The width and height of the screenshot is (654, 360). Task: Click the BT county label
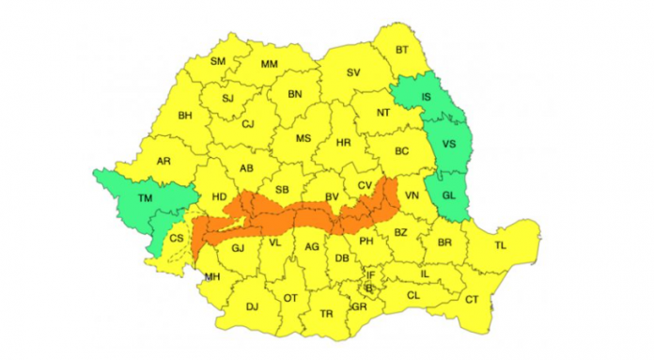point(402,49)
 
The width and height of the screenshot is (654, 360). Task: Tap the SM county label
point(218,62)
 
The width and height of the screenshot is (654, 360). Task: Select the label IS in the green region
point(426,96)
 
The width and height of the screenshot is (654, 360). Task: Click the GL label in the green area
point(448,195)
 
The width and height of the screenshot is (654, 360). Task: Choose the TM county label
point(144,198)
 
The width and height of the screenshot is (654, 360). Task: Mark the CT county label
point(472,300)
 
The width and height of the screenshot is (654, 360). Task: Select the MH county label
point(212,276)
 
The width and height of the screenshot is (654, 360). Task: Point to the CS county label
point(176,239)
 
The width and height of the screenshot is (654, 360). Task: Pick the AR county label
point(163,162)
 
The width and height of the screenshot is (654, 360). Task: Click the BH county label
point(185,116)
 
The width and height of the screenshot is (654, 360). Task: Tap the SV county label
point(354,72)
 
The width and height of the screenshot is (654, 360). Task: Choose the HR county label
point(344,143)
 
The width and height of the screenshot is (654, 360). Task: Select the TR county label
point(327,313)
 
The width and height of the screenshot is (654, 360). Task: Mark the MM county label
point(270,65)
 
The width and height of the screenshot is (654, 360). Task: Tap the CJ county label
point(248,123)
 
